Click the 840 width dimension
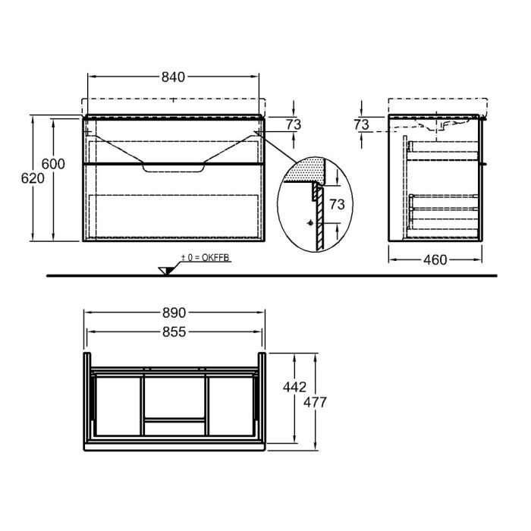pos(174,77)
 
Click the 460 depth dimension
pos(434,260)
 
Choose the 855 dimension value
pos(174,331)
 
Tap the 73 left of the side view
pos(362,124)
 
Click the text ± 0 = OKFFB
pos(205,259)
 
